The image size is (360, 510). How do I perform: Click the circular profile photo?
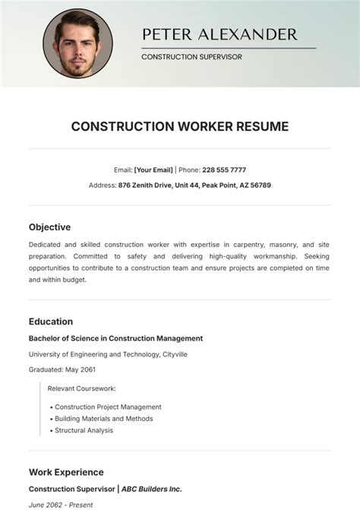[x=77, y=43]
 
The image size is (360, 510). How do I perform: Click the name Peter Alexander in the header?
[x=219, y=34]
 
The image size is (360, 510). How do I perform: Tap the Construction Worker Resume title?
[x=180, y=126]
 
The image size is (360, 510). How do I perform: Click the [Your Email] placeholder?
[x=154, y=170]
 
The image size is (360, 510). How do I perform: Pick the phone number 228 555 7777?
[x=224, y=170]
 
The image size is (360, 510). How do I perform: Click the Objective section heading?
[x=49, y=226]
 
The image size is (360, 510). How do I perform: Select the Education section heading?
[x=51, y=322]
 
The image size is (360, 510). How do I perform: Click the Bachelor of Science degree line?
[x=115, y=338]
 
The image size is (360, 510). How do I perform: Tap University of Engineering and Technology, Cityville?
[x=108, y=354]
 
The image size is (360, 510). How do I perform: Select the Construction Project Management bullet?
[x=108, y=407]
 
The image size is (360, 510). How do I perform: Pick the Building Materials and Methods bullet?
[x=103, y=418]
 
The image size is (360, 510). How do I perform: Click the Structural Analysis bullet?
[x=84, y=430]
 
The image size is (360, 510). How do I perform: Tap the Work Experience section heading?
[x=66, y=472]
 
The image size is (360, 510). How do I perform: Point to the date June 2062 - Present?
[x=60, y=505]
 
